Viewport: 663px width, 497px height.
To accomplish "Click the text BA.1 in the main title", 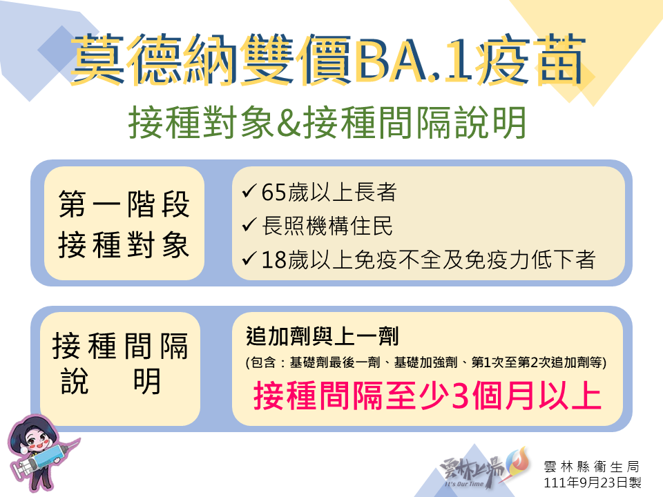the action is pyautogui.click(x=413, y=59).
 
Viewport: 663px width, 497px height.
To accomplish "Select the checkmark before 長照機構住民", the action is pyautogui.click(x=249, y=225).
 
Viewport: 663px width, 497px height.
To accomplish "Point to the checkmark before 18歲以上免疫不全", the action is pyautogui.click(x=249, y=259).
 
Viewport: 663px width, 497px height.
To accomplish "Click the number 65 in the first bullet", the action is pyautogui.click(x=273, y=193).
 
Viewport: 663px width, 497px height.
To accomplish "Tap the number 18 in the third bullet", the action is pyautogui.click(x=273, y=260).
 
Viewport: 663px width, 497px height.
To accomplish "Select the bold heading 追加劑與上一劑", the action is pyautogui.click(x=323, y=336).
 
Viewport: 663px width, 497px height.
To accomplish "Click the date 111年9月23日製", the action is pyautogui.click(x=592, y=483).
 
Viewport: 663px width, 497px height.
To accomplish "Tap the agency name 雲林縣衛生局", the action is pyautogui.click(x=592, y=467).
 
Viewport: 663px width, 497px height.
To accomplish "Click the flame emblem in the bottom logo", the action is pyautogui.click(x=519, y=462).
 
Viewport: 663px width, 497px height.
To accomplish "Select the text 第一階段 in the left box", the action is pyautogui.click(x=124, y=204).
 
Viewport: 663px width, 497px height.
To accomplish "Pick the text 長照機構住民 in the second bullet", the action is pyautogui.click(x=327, y=226).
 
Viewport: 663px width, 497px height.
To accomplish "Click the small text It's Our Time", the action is pyautogui.click(x=463, y=484).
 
